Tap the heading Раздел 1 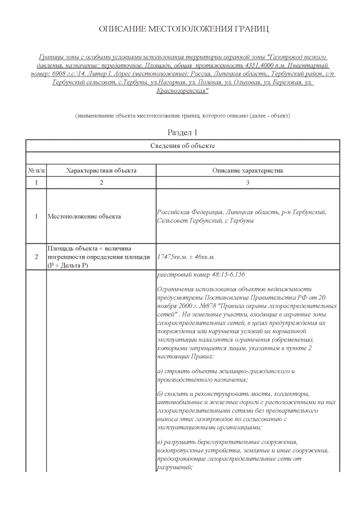click(183, 132)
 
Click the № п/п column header click(37, 170)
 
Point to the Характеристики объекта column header click(101, 170)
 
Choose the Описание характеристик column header click(247, 170)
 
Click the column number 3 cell click(247, 183)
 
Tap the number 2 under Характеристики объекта click(101, 183)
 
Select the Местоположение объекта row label click(84, 217)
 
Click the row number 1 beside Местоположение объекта click(37, 217)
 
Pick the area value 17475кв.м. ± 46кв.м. click(187, 257)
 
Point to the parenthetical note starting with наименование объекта click(183, 115)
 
